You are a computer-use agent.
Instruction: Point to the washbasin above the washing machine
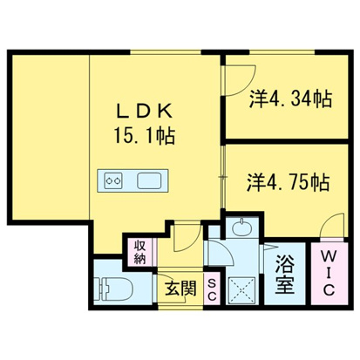click(241, 232)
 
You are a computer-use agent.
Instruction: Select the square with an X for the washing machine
click(241, 289)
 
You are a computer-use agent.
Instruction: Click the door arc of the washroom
click(220, 254)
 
